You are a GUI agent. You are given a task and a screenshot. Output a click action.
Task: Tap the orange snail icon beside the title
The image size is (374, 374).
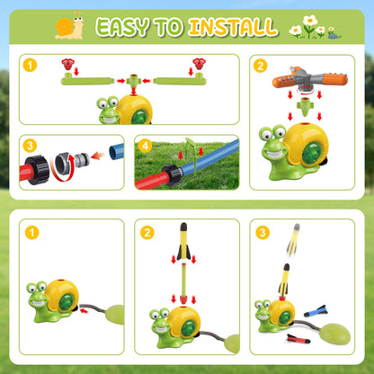click(69, 27)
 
